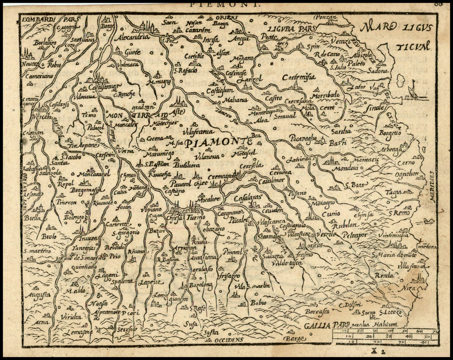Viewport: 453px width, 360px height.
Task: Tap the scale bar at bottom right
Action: point(385,336)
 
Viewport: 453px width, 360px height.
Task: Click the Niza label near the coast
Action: point(410,288)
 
